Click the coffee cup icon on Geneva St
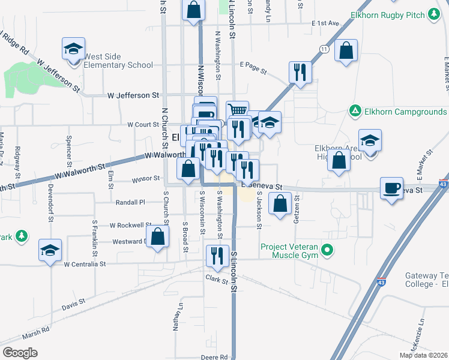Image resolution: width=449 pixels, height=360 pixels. (392, 189)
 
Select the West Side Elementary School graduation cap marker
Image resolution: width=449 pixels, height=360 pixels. (73, 49)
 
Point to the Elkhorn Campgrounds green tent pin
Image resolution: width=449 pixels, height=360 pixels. (355, 112)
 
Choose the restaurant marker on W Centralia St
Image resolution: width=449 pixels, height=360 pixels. (216, 256)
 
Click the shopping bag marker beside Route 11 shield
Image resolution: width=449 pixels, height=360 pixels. (346, 50)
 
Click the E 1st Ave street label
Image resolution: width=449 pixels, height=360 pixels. (325, 23)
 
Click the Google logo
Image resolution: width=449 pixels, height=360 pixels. (20, 353)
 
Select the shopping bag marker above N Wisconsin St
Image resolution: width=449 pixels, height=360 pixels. (193, 10)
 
